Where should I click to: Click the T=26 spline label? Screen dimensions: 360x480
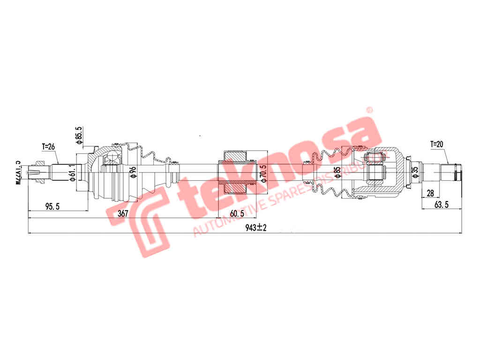pos(48,147)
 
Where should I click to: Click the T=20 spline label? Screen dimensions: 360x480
pos(437,144)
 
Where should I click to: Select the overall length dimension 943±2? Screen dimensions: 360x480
pos(255,228)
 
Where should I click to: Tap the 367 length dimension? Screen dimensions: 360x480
pos(122,213)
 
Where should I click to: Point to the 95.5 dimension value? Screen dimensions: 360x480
pos(52,206)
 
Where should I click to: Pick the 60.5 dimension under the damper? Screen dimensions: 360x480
pos(237,213)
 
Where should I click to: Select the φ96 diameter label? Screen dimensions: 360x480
pos(133,172)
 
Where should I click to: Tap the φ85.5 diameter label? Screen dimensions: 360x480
pos(79,135)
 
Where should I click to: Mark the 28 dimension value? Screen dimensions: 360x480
pos(430,193)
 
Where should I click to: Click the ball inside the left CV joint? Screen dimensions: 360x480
pos(112,157)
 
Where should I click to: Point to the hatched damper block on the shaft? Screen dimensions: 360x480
pos(235,172)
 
